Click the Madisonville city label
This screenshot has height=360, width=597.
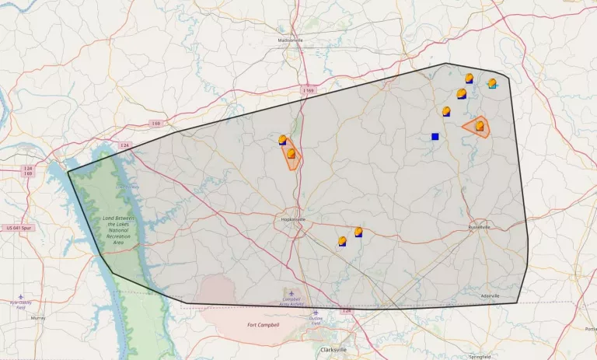click(x=291, y=40)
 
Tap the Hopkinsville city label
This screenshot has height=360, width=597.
click(x=293, y=220)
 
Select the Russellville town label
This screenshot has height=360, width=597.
click(x=480, y=227)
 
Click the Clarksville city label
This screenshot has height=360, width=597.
click(x=333, y=350)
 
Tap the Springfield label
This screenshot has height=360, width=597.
click(x=480, y=356)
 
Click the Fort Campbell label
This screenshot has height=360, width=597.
click(x=263, y=324)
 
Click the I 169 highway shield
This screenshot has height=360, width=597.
click(x=309, y=91)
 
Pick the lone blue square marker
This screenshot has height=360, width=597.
click(x=435, y=137)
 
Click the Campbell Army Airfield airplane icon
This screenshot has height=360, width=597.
click(x=292, y=293)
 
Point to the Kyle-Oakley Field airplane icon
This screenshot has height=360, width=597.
click(x=21, y=296)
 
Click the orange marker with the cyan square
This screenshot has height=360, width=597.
click(x=491, y=83)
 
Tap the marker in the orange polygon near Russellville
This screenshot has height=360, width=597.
click(x=480, y=125)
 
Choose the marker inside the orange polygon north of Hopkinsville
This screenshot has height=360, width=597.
click(x=291, y=154)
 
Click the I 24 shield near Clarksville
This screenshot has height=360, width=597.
click(x=347, y=311)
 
